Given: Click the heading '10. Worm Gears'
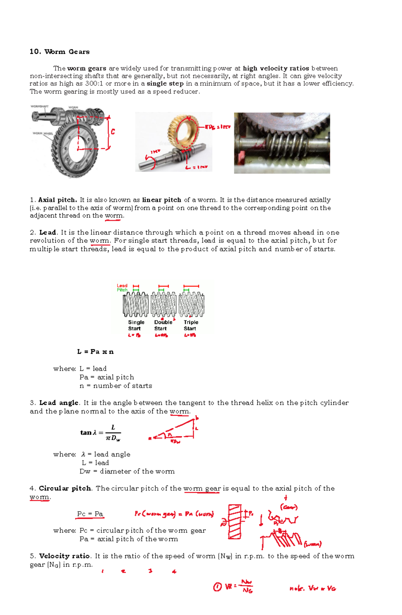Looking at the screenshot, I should click(x=60, y=52).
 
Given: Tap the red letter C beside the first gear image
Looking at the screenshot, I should click(x=113, y=132).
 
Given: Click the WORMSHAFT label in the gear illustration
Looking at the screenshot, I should click(x=40, y=106).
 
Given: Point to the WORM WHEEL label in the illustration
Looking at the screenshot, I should click(x=43, y=133).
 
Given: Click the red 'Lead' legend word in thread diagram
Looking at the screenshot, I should click(x=122, y=286).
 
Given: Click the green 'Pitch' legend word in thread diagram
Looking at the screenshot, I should click(x=122, y=290).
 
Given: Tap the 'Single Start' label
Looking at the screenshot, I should click(x=136, y=325).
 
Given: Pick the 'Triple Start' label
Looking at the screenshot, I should click(x=191, y=325).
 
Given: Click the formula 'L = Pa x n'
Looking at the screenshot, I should click(x=95, y=352).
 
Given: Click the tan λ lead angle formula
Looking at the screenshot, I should click(x=100, y=432).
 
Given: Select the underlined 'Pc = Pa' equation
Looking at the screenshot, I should click(x=90, y=514).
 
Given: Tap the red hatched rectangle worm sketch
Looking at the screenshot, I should click(x=234, y=522).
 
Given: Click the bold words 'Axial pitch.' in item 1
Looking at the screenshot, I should click(x=57, y=200).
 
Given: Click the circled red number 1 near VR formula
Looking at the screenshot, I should click(x=217, y=587).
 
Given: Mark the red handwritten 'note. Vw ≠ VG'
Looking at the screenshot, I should click(x=312, y=588).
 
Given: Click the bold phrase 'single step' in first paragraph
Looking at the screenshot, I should click(x=165, y=83).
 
